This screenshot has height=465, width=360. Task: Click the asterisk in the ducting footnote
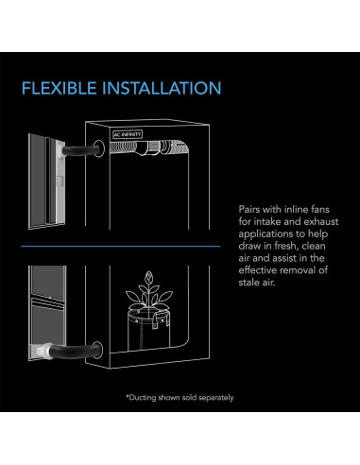coord(127,396)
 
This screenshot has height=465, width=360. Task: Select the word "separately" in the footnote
coord(212,397)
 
